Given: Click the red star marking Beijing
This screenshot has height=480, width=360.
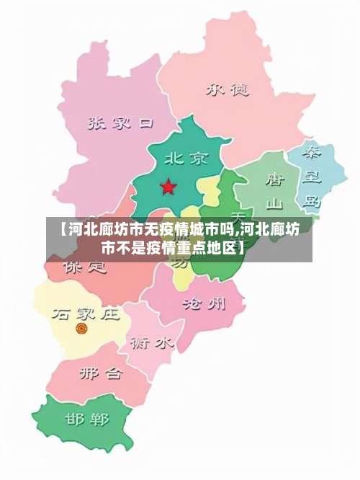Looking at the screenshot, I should point(168,187).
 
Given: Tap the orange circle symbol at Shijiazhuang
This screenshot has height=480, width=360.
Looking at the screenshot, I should point(81,329).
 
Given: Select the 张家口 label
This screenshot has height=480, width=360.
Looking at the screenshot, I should point(120,123).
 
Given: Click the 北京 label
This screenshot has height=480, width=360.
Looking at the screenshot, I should point(186,158).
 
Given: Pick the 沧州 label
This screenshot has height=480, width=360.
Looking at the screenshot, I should point(204,302).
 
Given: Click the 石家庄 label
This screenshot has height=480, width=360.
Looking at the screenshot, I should point(85,314).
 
